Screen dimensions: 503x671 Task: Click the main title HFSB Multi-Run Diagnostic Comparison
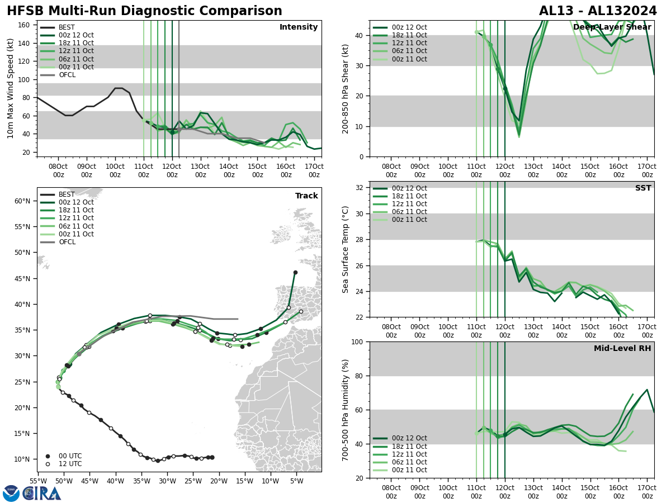click(x=144, y=11)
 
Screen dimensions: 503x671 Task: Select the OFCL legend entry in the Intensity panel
click(x=67, y=75)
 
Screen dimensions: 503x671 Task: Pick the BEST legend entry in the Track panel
click(x=66, y=194)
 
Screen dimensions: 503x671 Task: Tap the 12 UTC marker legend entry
click(x=70, y=464)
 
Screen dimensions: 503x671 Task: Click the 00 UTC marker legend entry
click(x=70, y=456)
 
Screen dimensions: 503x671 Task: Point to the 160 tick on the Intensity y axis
click(x=25, y=25)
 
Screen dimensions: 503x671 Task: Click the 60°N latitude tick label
click(x=22, y=201)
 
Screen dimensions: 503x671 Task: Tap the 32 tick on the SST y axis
click(x=360, y=188)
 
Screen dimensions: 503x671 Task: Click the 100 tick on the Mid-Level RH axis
click(x=356, y=341)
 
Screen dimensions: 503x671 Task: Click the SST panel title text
click(x=643, y=188)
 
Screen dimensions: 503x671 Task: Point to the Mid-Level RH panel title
click(x=622, y=349)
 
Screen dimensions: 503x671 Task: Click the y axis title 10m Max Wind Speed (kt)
click(x=11, y=88)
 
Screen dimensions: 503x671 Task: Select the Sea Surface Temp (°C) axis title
click(x=346, y=249)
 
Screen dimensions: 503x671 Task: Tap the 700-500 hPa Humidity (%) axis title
click(x=346, y=410)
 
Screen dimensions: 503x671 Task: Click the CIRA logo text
click(x=42, y=493)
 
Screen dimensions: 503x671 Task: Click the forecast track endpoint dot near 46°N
click(x=295, y=273)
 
